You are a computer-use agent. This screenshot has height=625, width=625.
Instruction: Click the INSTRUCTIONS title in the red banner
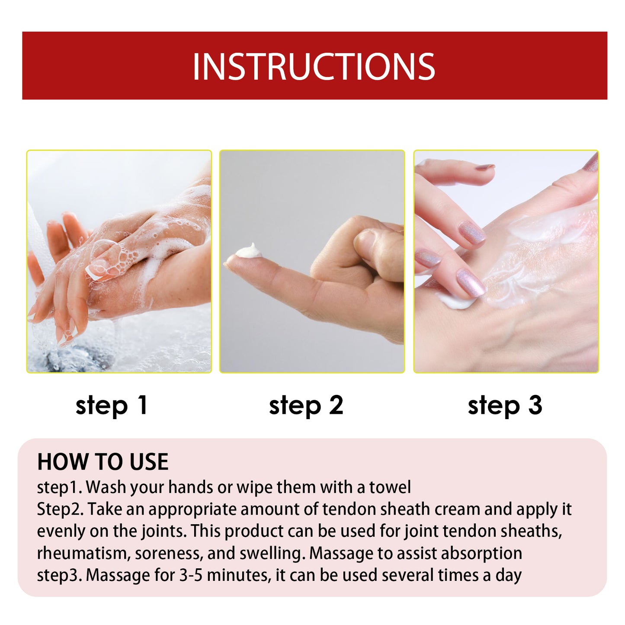click(314, 67)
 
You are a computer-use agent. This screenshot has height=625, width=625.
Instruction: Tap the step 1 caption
click(112, 406)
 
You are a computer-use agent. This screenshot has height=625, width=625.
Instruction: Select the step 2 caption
click(306, 406)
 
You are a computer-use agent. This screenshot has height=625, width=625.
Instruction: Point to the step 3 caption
click(505, 406)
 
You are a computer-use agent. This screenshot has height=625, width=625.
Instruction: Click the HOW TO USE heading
click(103, 462)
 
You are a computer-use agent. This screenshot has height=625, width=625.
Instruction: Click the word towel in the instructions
click(390, 487)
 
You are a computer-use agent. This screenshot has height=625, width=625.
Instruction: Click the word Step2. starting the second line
click(60, 509)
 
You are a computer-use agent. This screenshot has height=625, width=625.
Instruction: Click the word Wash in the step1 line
click(106, 487)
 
